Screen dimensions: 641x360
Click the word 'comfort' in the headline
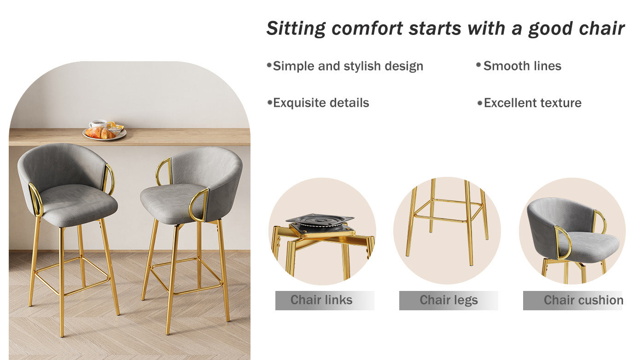point(367,29)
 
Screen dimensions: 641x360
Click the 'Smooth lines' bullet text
point(522,66)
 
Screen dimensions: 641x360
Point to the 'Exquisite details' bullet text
point(321,103)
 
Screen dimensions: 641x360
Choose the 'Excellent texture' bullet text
point(532,103)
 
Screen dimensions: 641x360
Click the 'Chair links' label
point(321,300)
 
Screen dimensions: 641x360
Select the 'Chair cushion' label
point(583,300)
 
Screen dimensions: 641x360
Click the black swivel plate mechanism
point(320,222)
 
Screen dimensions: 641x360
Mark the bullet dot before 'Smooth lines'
point(478,65)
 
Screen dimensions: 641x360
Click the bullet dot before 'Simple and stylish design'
point(269,65)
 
